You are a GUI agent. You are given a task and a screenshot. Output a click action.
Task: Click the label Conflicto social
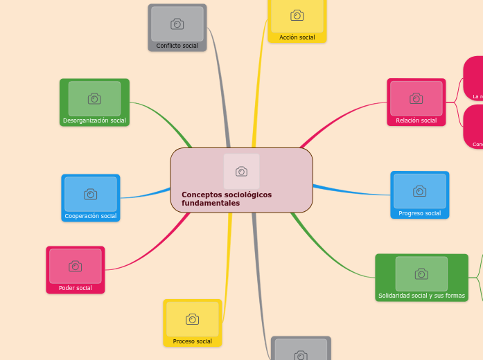click(177, 46)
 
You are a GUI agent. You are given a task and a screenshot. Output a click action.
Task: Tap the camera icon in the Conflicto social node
click(177, 24)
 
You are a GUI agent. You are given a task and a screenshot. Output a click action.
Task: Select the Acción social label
click(297, 37)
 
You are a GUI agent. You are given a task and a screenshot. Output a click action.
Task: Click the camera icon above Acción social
click(297, 15)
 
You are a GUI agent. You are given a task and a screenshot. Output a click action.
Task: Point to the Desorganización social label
click(94, 120)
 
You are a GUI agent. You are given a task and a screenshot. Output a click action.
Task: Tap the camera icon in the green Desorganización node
click(94, 99)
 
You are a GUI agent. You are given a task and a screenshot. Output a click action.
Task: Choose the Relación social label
click(416, 120)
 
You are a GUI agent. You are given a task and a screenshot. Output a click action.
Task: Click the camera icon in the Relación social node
click(416, 98)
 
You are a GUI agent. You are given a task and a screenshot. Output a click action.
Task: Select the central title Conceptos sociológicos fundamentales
click(227, 199)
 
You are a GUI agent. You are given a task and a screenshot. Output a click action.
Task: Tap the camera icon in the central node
click(241, 171)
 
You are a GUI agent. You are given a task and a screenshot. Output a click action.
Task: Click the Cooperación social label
click(90, 216)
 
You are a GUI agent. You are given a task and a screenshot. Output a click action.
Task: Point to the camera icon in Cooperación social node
click(91, 195)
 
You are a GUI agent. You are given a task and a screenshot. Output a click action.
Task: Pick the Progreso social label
click(419, 213)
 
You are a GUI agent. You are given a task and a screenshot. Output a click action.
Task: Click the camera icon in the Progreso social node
click(419, 191)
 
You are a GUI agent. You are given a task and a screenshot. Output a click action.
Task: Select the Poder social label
click(75, 288)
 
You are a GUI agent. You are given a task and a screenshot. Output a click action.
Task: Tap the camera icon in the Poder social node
click(76, 267)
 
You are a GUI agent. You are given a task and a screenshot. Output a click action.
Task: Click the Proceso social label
click(192, 341)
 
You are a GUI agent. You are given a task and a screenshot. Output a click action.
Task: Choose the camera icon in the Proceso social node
click(193, 319)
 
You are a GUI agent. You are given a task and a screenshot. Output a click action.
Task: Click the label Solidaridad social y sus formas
click(421, 296)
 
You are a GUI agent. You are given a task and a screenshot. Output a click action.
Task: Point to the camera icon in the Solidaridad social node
click(421, 274)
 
